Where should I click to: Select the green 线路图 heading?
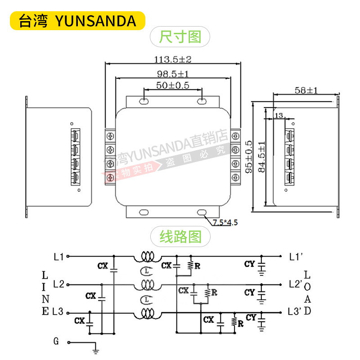pos(180,235)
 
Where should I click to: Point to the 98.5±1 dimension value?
pos(173,73)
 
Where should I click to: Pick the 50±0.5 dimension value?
pos(173,85)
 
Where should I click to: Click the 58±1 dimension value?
pos(306,90)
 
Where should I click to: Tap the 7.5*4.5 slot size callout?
pos(225,222)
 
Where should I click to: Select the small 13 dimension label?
pos(278,116)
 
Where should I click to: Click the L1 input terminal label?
pos(58,257)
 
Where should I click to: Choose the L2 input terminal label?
pos(58,284)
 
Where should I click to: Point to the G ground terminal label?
pos(56,342)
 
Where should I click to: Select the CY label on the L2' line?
pos(250,292)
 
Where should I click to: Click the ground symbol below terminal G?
pos(95,348)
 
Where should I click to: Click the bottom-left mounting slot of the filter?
pos(144,212)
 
